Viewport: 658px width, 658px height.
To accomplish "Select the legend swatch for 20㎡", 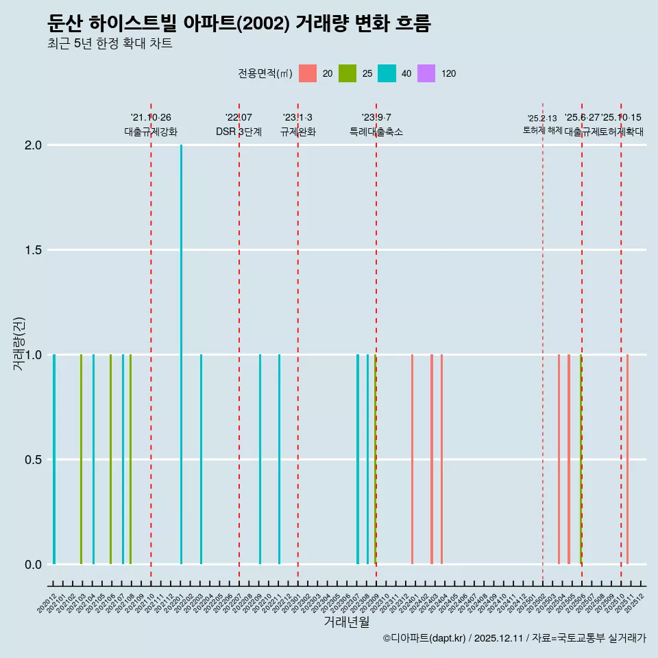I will pyautogui.click(x=308, y=73).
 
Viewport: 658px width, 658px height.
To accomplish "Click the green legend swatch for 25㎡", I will pyautogui.click(x=348, y=73).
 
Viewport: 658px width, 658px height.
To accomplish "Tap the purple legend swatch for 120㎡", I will pyautogui.click(x=426, y=73).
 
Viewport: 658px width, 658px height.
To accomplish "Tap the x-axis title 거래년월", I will pyautogui.click(x=347, y=622).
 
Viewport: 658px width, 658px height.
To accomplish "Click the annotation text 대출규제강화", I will pyautogui.click(x=151, y=132).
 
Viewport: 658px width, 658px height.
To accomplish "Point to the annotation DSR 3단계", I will pyautogui.click(x=239, y=132).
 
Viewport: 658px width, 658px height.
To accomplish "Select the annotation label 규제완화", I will pyautogui.click(x=297, y=132).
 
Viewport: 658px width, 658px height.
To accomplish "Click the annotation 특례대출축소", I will pyautogui.click(x=376, y=132).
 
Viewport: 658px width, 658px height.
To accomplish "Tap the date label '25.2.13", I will pyautogui.click(x=542, y=119).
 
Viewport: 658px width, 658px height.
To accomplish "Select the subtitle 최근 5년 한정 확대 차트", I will pyautogui.click(x=110, y=44).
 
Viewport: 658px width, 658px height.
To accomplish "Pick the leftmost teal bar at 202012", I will pyautogui.click(x=54, y=459).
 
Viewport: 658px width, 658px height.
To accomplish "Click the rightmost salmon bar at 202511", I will pyautogui.click(x=627, y=459).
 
